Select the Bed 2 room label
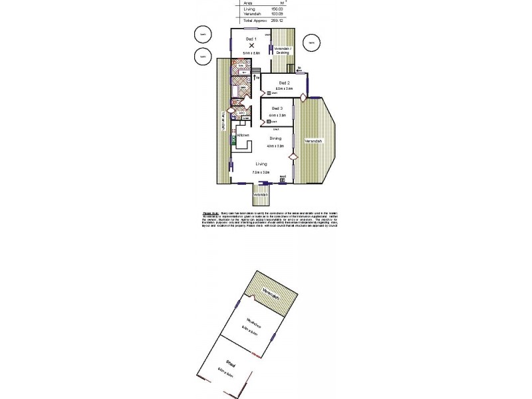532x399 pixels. tap(285, 82)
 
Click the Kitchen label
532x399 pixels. tap(243, 135)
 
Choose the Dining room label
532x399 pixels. tap(275, 138)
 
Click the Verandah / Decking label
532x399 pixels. tap(283, 50)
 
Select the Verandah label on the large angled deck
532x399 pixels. tap(313, 142)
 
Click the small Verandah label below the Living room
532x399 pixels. tap(261, 194)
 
